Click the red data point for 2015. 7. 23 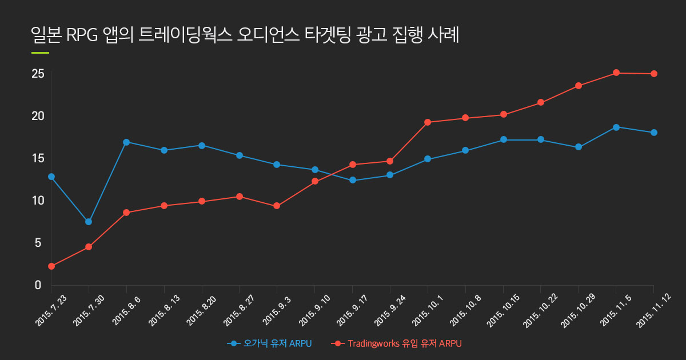click(51, 266)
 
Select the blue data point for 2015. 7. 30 click(89, 222)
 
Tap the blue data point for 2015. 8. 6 click(126, 142)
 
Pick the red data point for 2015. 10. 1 click(428, 122)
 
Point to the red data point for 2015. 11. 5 click(616, 73)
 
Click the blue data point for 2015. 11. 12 click(654, 133)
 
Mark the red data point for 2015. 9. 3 click(277, 206)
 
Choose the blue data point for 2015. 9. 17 click(353, 181)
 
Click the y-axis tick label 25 click(38, 74)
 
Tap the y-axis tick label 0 click(38, 285)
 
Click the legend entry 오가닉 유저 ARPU click(270, 343)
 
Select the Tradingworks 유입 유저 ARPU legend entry click(398, 343)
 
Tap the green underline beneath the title click(40, 53)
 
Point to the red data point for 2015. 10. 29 click(579, 86)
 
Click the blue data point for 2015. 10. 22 click(541, 140)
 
